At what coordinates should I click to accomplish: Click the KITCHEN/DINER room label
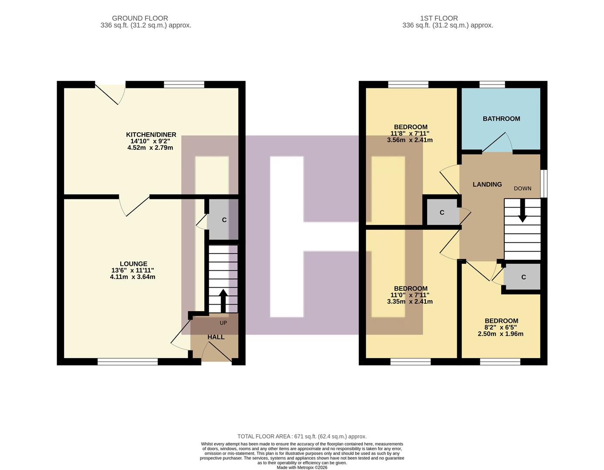pyautogui.click(x=151, y=134)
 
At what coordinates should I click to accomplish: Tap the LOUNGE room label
pyautogui.click(x=133, y=264)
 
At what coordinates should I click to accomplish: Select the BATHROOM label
pyautogui.click(x=501, y=119)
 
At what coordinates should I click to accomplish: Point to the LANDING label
pyautogui.click(x=487, y=185)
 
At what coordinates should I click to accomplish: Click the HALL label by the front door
pyautogui.click(x=216, y=337)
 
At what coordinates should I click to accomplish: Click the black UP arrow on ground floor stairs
pyautogui.click(x=223, y=301)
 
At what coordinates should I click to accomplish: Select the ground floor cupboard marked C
pyautogui.click(x=224, y=220)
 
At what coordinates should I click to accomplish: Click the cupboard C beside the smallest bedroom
pyautogui.click(x=523, y=277)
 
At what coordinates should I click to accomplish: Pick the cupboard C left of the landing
pyautogui.click(x=442, y=212)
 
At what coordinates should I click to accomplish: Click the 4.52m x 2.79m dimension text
pyautogui.click(x=150, y=148)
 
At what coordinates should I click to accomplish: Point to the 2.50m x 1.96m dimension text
pyautogui.click(x=500, y=334)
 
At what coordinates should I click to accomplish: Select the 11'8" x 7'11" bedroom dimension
pyautogui.click(x=409, y=134)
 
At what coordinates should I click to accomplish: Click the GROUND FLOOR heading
pyautogui.click(x=140, y=18)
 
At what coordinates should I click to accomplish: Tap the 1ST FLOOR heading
pyautogui.click(x=439, y=18)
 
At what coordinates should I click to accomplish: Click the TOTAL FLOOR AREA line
pyautogui.click(x=302, y=436)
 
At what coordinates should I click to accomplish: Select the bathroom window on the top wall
pyautogui.click(x=493, y=84)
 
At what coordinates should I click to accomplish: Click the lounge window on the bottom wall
pyautogui.click(x=128, y=361)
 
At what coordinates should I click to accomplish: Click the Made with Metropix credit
pyautogui.click(x=302, y=467)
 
